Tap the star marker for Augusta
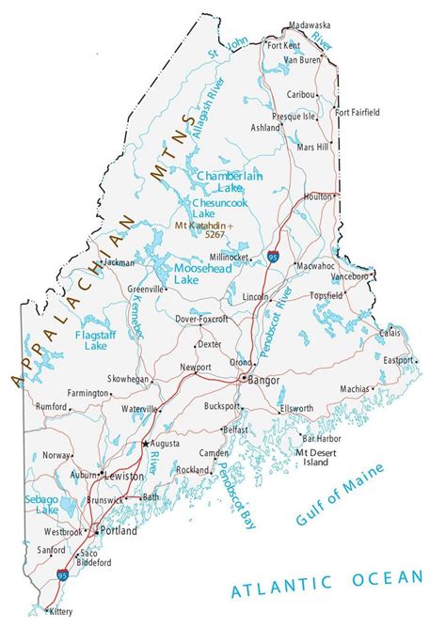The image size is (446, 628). click(x=145, y=442)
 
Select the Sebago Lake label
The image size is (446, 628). click(x=41, y=503)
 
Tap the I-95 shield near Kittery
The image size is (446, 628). click(x=63, y=573)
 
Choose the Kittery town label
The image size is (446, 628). click(x=59, y=611)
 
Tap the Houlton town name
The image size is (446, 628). click(x=317, y=196)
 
